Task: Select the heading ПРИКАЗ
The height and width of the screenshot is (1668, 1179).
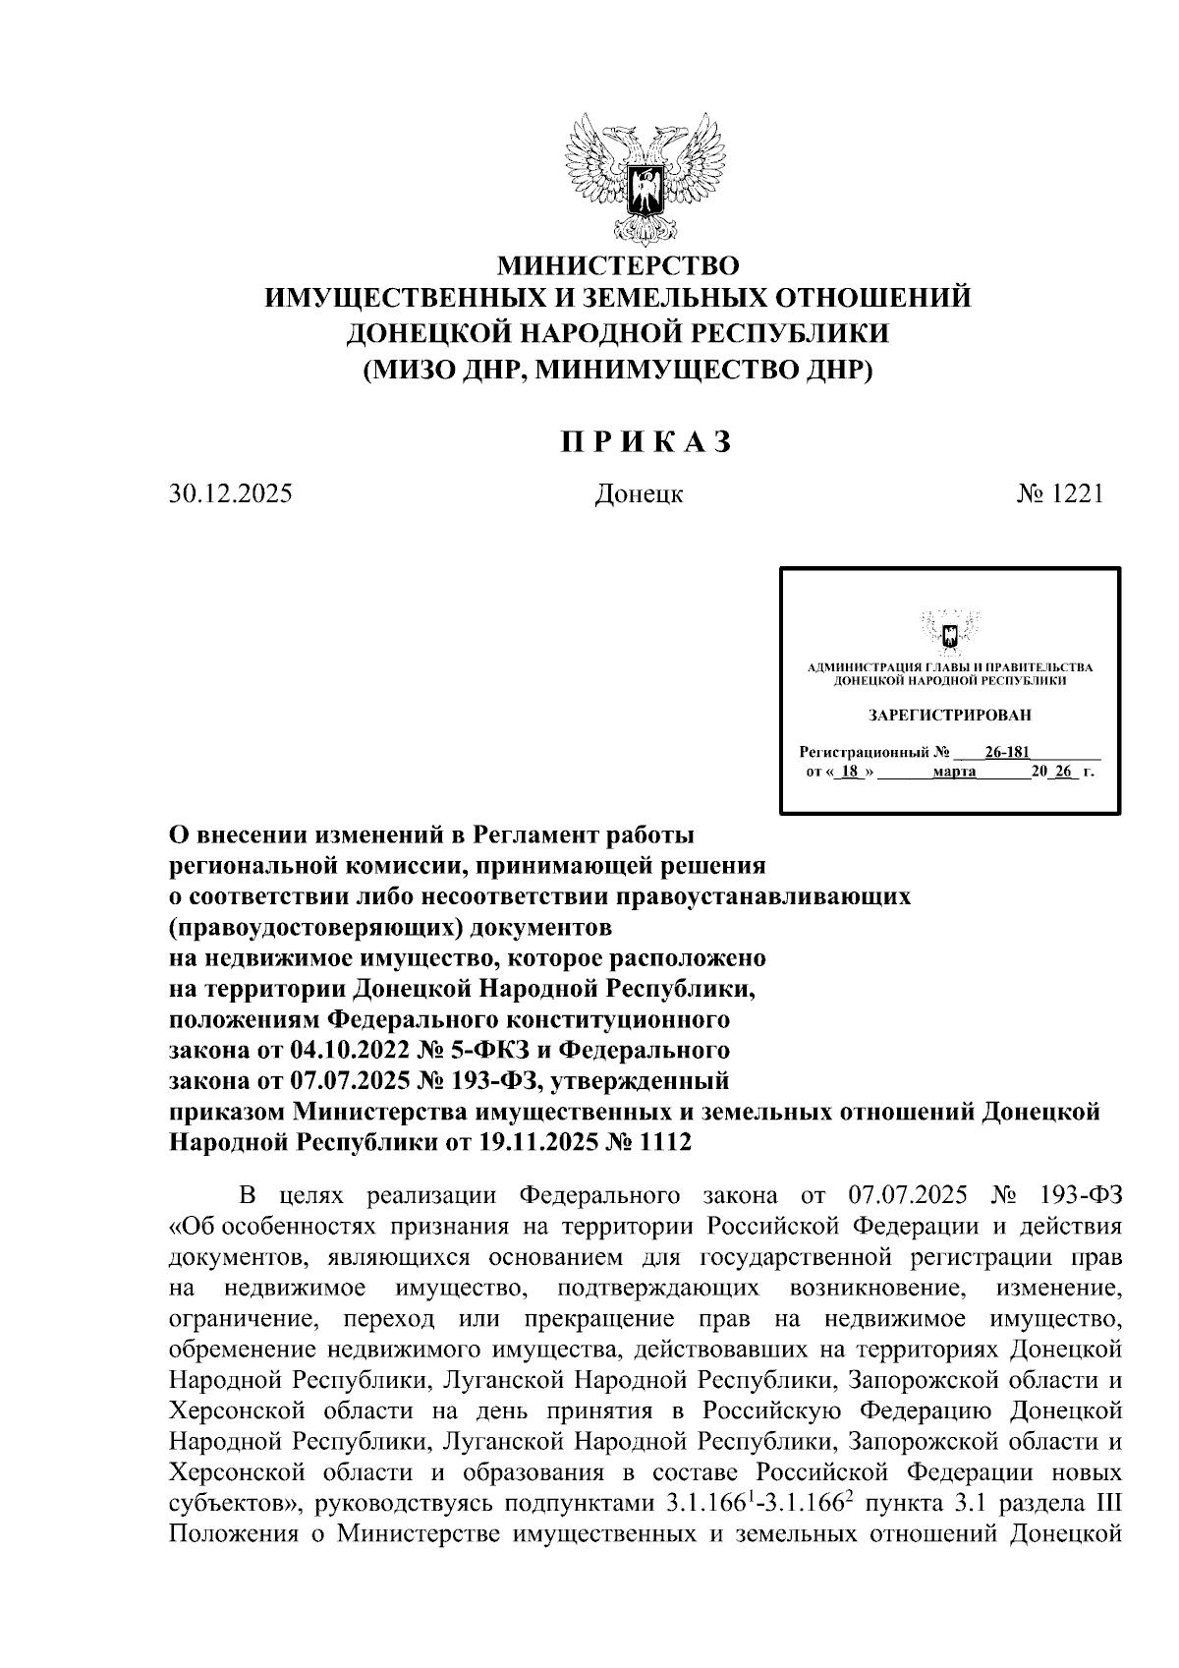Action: tap(647, 443)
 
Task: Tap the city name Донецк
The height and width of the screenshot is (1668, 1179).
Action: tap(639, 494)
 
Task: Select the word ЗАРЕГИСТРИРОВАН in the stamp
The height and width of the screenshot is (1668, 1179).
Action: tap(950, 715)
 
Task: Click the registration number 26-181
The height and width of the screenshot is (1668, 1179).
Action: tap(1006, 753)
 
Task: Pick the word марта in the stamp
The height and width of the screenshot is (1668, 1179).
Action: tap(953, 773)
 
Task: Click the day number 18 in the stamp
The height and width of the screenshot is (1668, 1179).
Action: tap(851, 773)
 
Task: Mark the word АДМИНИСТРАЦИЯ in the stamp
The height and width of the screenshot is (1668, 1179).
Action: tap(852, 668)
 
